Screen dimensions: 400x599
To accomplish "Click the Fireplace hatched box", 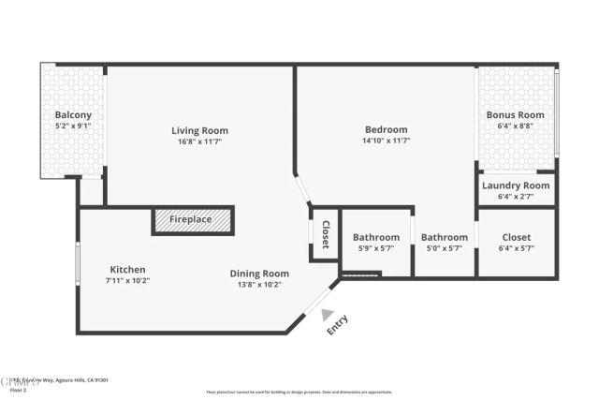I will (193, 220).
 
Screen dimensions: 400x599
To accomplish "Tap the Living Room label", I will (199, 130).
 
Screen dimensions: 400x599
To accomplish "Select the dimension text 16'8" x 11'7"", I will (199, 142).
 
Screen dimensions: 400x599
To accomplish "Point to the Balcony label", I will (72, 115).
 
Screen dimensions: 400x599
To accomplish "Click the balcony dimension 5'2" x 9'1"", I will (72, 126).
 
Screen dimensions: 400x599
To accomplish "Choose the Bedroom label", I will (386, 129).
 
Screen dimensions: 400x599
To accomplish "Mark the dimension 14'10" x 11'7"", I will (386, 141).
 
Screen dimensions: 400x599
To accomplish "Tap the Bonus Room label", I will (515, 115).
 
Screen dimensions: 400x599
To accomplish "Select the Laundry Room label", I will (516, 185).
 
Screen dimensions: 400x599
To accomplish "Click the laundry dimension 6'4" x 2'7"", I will (516, 196).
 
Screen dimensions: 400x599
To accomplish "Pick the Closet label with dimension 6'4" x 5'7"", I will (516, 238).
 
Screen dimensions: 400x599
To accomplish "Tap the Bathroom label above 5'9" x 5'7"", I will (376, 238).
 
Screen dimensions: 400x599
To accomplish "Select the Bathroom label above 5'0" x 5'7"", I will (444, 238).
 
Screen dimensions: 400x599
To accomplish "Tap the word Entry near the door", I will (337, 325).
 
